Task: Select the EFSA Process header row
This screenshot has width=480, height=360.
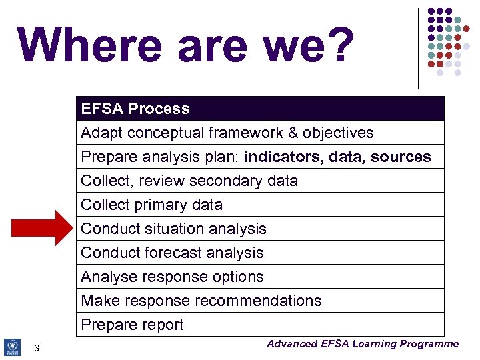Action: point(260,109)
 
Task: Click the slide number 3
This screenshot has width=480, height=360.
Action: point(37,348)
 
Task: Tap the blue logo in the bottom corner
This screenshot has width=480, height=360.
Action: point(12,347)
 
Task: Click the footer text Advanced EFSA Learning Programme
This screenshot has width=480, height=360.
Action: point(363,344)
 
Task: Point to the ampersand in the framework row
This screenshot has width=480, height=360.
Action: point(293,133)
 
